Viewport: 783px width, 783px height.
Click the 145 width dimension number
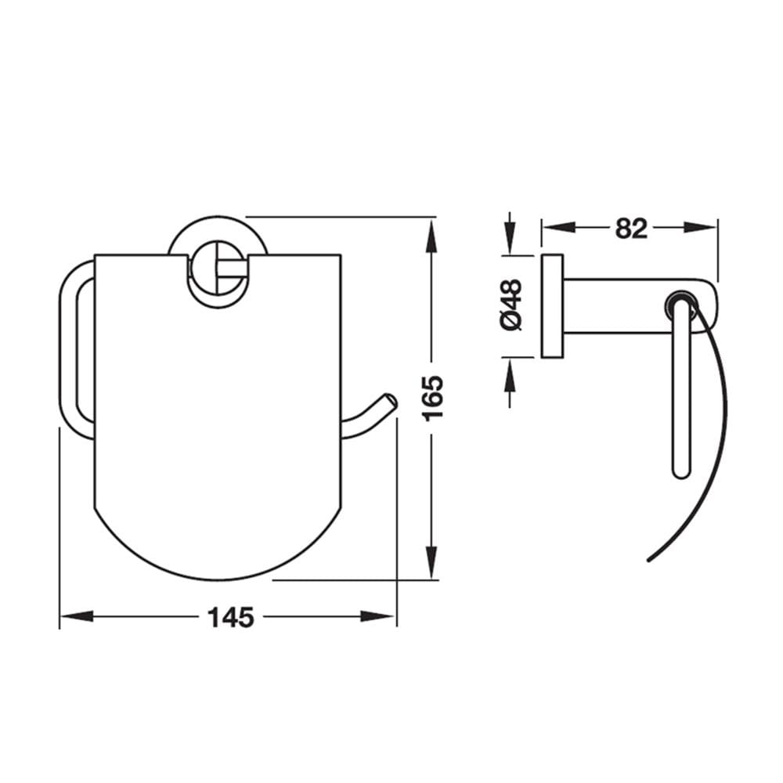pos(231,618)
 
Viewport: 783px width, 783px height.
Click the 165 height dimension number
pos(432,398)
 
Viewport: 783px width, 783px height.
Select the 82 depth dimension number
pos(630,228)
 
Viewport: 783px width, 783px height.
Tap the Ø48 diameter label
pos(511,305)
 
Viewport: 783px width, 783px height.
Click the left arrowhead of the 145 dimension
pos(77,616)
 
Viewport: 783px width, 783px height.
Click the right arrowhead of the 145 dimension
pos(377,616)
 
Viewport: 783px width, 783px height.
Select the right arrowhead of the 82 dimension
pos(699,228)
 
